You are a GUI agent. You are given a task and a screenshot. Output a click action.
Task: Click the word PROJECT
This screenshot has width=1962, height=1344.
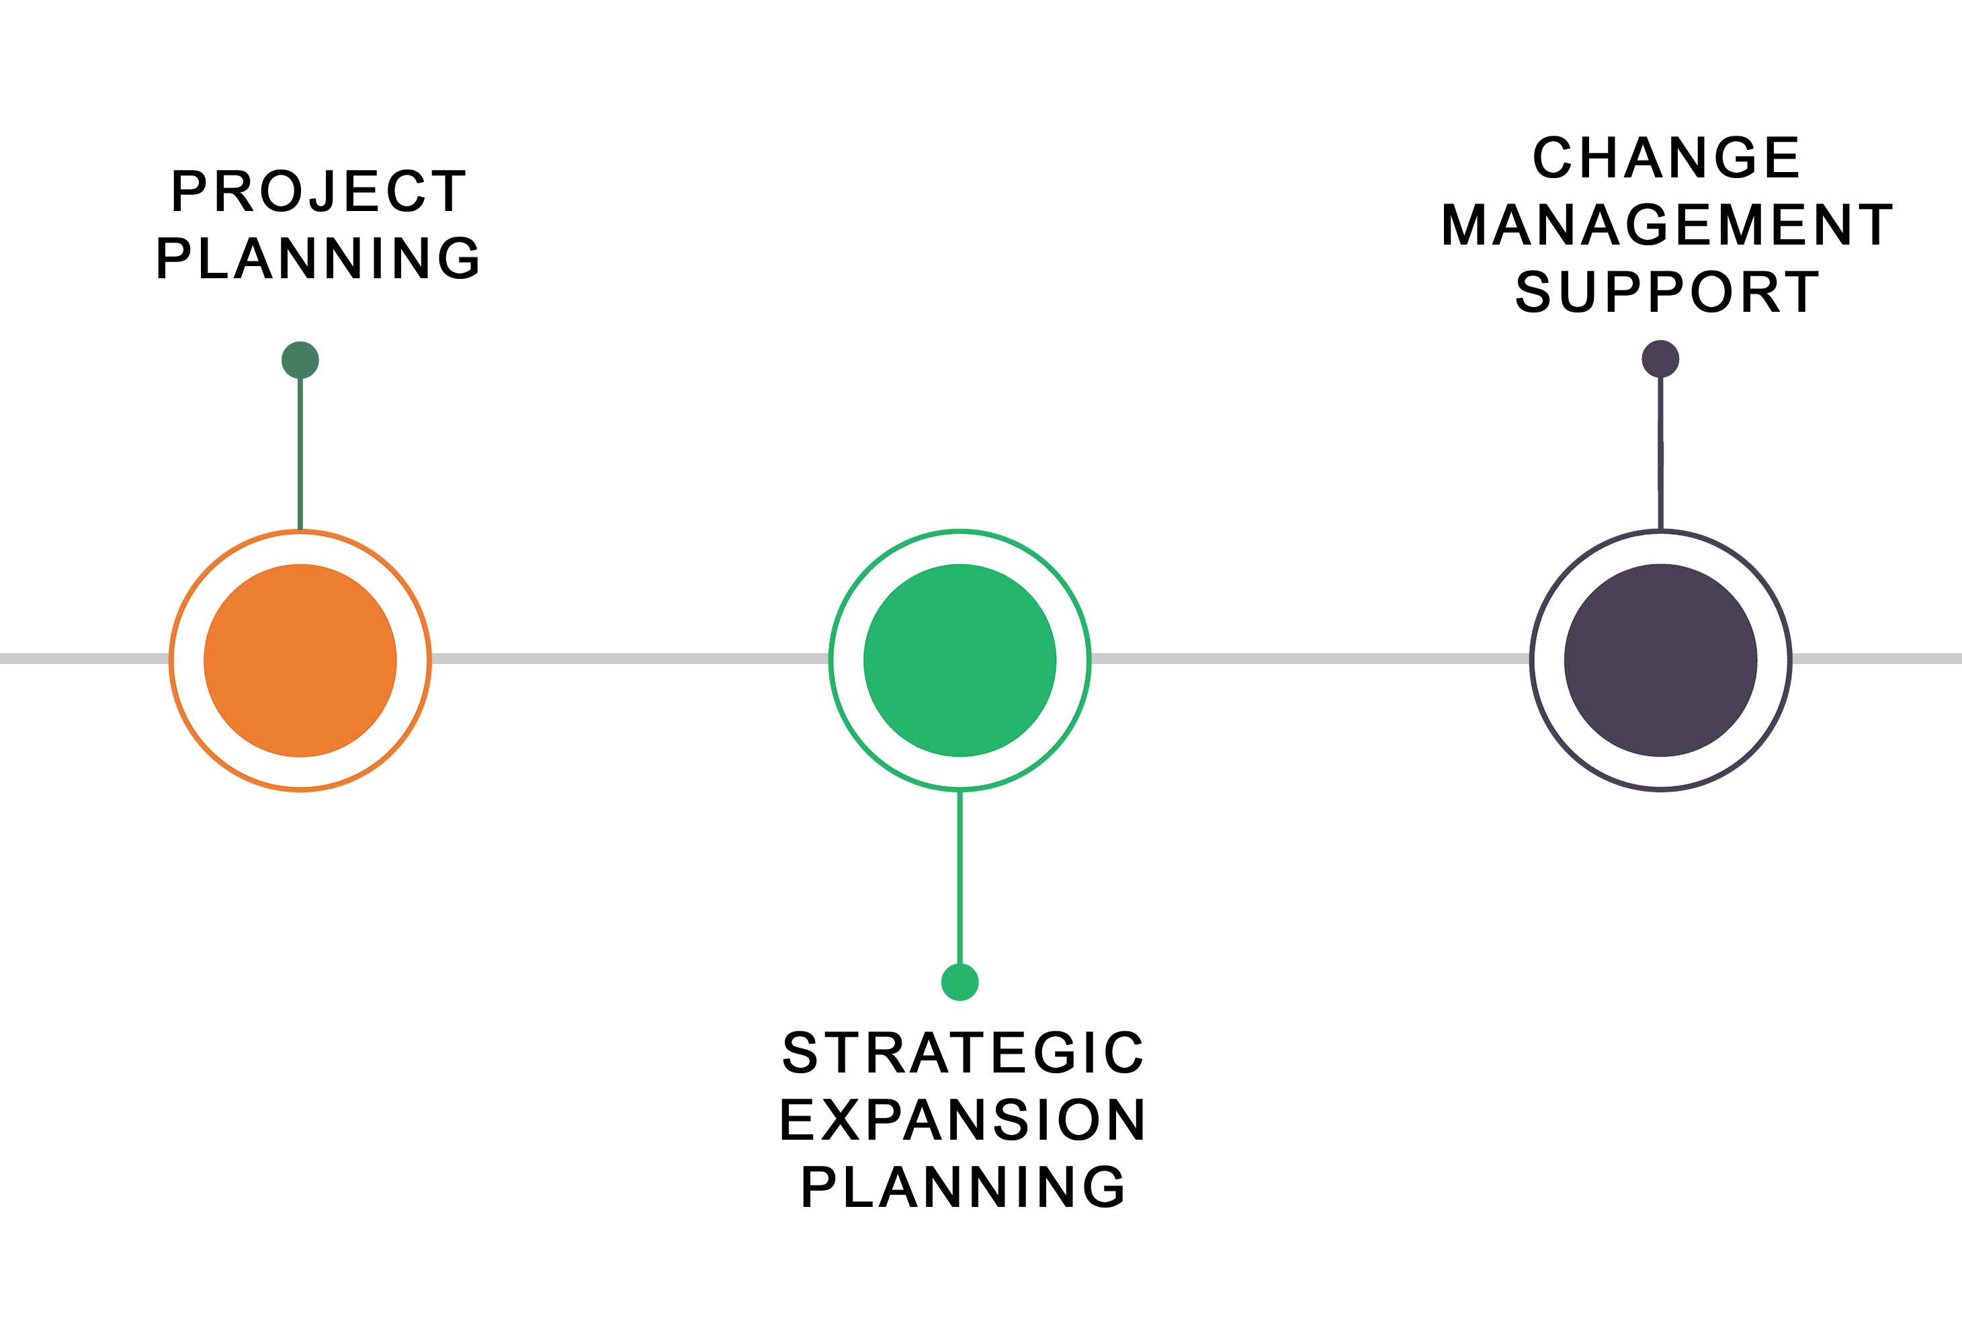coord(318,191)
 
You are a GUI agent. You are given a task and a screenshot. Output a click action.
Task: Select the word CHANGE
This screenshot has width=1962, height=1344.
coord(1666,159)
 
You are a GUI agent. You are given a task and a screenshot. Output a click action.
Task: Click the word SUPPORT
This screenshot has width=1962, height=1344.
coord(1667,292)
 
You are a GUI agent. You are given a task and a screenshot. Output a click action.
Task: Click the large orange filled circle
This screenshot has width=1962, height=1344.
coord(300,660)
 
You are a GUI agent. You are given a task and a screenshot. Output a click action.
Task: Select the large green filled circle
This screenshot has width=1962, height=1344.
coord(960,660)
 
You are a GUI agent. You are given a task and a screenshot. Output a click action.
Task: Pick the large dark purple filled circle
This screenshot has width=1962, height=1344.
coord(1660,660)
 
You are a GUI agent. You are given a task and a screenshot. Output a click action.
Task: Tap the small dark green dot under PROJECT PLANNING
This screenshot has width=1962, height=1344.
coord(300,360)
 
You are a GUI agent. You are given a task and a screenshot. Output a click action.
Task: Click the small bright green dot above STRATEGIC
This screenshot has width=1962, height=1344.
coord(960,982)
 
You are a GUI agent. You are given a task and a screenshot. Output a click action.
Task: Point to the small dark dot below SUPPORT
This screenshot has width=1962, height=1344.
coord(1660,359)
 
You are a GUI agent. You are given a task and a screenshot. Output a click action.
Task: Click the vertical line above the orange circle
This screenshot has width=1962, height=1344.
coord(300,454)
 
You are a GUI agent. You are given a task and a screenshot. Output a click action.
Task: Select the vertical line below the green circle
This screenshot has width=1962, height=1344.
coord(960,878)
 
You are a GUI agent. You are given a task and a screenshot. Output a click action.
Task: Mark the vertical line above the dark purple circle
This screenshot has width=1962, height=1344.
coord(1660,454)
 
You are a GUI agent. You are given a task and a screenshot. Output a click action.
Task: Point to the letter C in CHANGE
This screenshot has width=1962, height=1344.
coord(1556,159)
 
